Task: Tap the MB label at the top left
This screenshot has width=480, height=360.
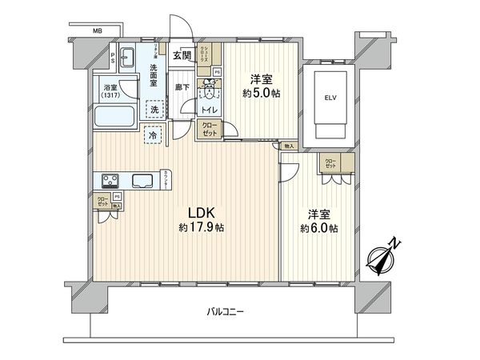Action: [x=97, y=31]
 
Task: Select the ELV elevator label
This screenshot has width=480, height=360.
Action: [x=330, y=99]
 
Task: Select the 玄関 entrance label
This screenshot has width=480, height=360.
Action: [x=182, y=55]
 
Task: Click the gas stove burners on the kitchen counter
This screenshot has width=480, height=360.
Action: [x=110, y=180]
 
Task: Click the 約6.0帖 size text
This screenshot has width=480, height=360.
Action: [x=318, y=228]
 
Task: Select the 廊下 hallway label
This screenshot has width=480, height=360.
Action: [x=182, y=86]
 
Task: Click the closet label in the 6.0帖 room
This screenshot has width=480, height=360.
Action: [x=330, y=164]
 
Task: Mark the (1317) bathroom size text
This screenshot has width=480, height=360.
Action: [x=111, y=96]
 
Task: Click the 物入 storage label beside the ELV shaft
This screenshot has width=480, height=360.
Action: [x=288, y=146]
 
